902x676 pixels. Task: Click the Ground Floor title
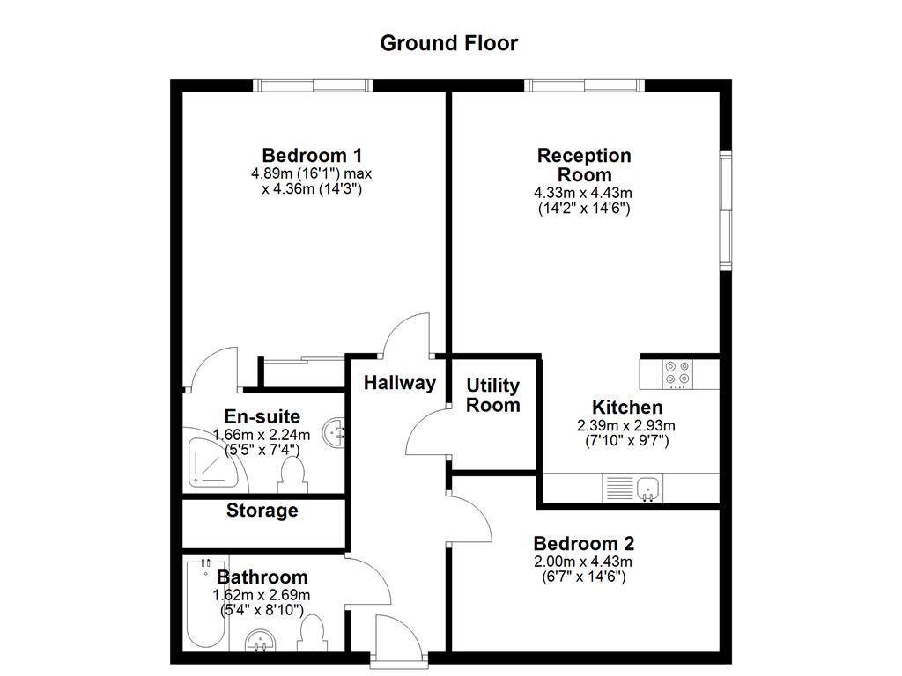[x=449, y=43]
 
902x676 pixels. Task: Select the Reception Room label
[x=585, y=165]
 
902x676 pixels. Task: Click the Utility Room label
[x=493, y=395]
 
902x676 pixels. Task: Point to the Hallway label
[x=400, y=383]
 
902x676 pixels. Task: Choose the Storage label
[x=262, y=511]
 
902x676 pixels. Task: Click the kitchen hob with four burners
[x=677, y=373]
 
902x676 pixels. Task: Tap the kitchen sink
[x=647, y=487]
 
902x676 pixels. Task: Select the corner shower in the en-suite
[x=212, y=461]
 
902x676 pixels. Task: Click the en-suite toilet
[x=292, y=476]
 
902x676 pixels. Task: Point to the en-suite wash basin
[x=334, y=431]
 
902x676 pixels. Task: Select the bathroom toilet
[x=314, y=635]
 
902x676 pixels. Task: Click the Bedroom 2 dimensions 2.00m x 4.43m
[x=583, y=562]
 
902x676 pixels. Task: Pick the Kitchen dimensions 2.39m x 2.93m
[x=627, y=425]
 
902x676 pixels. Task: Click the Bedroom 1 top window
[x=314, y=85]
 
